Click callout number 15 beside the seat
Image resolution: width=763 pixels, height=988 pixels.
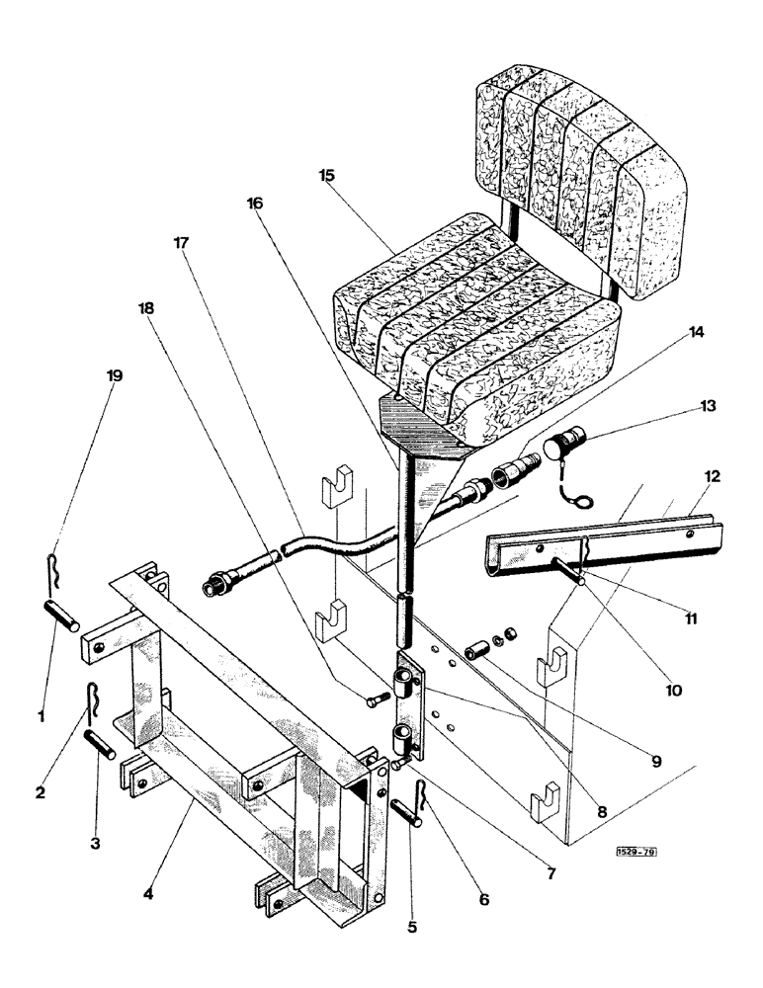(x=327, y=175)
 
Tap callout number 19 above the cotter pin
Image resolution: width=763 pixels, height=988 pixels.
(x=115, y=375)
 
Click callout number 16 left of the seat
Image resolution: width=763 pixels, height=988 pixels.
(x=254, y=203)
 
